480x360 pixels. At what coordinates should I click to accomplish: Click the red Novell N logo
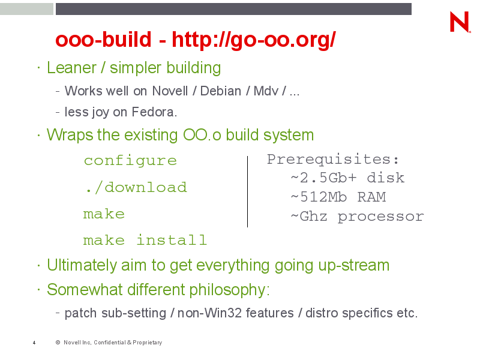[460, 22]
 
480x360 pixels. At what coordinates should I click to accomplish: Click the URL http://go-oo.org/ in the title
[254, 40]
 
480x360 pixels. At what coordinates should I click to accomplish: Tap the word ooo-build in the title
[103, 40]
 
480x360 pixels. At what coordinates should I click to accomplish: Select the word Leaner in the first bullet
[71, 68]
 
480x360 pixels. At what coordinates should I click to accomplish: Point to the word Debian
[221, 91]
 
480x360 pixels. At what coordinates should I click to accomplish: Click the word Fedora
[154, 112]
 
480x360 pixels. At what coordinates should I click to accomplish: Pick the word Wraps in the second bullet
[70, 136]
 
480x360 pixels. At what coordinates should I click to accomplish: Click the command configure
[130, 161]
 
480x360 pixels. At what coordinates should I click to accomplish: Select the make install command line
[145, 241]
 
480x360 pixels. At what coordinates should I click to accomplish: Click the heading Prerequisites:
[333, 160]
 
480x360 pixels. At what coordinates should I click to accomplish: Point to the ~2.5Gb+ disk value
[348, 178]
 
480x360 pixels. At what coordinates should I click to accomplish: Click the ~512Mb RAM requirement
[338, 197]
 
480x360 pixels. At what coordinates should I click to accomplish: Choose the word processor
[381, 217]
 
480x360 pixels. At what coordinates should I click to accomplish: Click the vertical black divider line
[247, 191]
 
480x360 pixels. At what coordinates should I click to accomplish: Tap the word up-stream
[354, 266]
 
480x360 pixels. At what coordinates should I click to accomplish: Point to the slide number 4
[34, 343]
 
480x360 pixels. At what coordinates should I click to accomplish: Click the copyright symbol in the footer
[58, 342]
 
